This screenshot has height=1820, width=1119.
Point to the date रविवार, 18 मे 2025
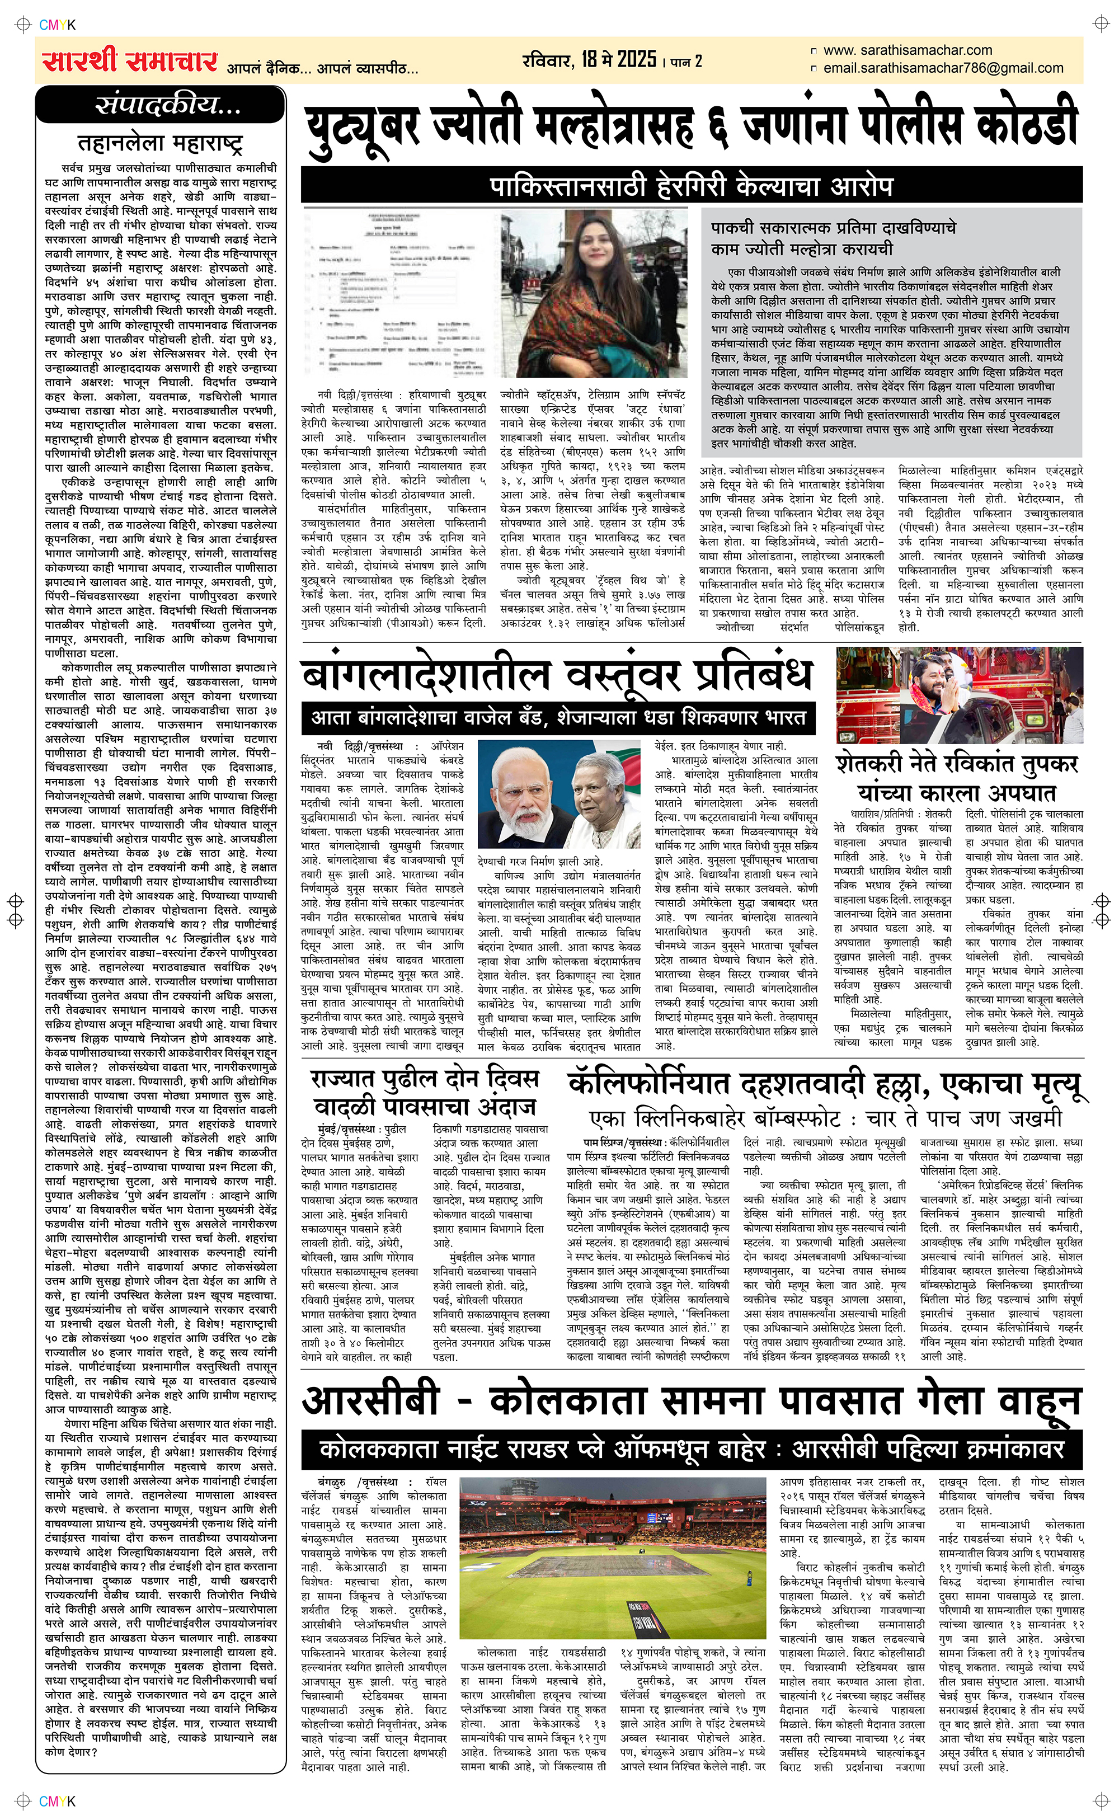[x=589, y=60]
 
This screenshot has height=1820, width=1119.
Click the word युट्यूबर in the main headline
[x=363, y=126]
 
